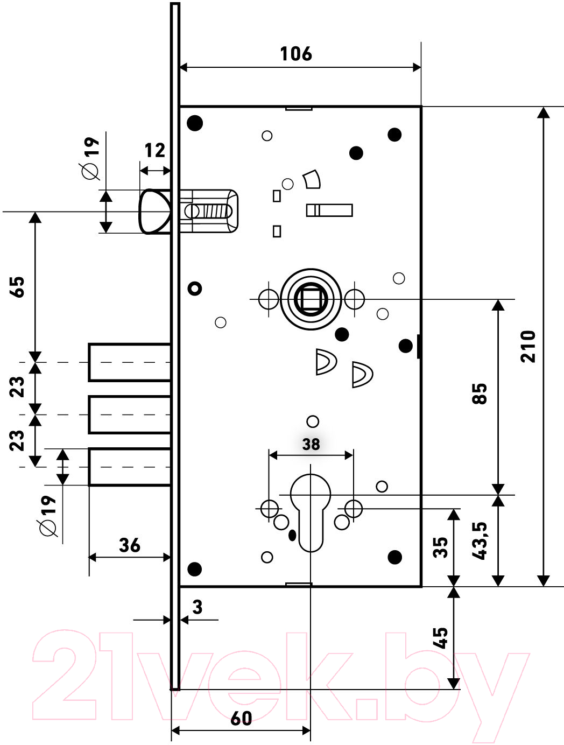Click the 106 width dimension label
pyautogui.click(x=296, y=54)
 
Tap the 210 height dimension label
pyautogui.click(x=528, y=346)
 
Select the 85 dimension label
pyautogui.click(x=479, y=393)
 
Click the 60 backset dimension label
pyautogui.click(x=241, y=718)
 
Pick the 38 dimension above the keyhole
pyautogui.click(x=311, y=444)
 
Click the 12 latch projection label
pyautogui.click(x=155, y=150)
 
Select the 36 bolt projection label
pyautogui.click(x=129, y=545)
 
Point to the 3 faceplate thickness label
pyautogui.click(x=197, y=607)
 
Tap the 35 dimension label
pyautogui.click(x=440, y=547)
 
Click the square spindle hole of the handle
pyautogui.click(x=311, y=299)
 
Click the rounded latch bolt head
pyautogui.click(x=154, y=212)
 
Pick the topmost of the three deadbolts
pyautogui.click(x=130, y=362)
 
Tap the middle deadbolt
pyautogui.click(x=130, y=414)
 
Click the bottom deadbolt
pyautogui.click(x=130, y=467)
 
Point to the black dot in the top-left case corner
pyautogui.click(x=195, y=123)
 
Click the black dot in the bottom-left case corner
pyautogui.click(x=195, y=569)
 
